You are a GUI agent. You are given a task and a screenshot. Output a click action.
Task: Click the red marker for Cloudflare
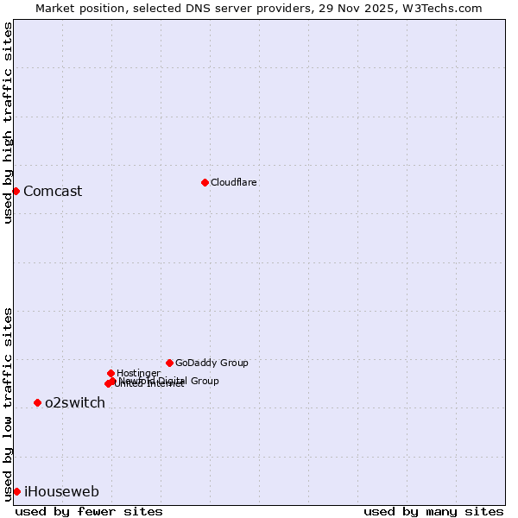(205, 182)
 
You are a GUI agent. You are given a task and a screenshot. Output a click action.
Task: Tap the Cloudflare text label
(234, 182)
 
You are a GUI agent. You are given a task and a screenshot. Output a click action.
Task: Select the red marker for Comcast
(16, 191)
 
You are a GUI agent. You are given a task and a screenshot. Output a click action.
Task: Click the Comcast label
(53, 192)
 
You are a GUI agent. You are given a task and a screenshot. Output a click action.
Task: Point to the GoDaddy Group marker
(169, 363)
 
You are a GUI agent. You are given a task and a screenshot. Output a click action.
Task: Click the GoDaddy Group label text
(212, 363)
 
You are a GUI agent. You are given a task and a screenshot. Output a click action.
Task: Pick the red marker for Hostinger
(111, 373)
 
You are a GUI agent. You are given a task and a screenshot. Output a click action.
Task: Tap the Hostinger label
(138, 373)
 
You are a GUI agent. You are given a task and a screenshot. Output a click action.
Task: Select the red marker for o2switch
(37, 402)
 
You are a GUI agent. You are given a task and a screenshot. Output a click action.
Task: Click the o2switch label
(75, 403)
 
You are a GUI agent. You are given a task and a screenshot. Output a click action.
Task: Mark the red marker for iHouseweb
(16, 491)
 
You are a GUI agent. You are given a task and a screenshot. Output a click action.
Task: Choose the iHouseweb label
(61, 492)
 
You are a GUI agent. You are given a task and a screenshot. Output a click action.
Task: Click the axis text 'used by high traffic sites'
(9, 123)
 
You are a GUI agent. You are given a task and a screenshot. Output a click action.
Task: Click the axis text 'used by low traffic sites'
(9, 403)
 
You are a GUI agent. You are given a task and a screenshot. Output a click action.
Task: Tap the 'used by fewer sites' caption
(89, 511)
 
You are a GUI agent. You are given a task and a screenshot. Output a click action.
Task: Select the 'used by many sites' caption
(433, 511)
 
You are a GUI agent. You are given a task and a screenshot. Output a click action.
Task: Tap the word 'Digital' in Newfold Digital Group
(174, 381)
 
